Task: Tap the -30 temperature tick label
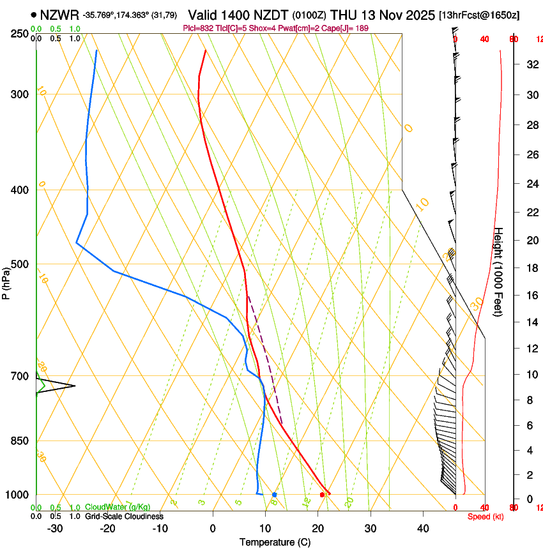tap(55, 528)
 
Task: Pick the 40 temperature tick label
tap(423, 528)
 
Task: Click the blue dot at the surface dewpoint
tap(274, 495)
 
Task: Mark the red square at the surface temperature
tap(322, 495)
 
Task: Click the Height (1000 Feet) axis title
tap(498, 272)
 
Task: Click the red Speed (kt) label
tap(486, 516)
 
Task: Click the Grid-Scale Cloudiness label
tap(124, 516)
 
